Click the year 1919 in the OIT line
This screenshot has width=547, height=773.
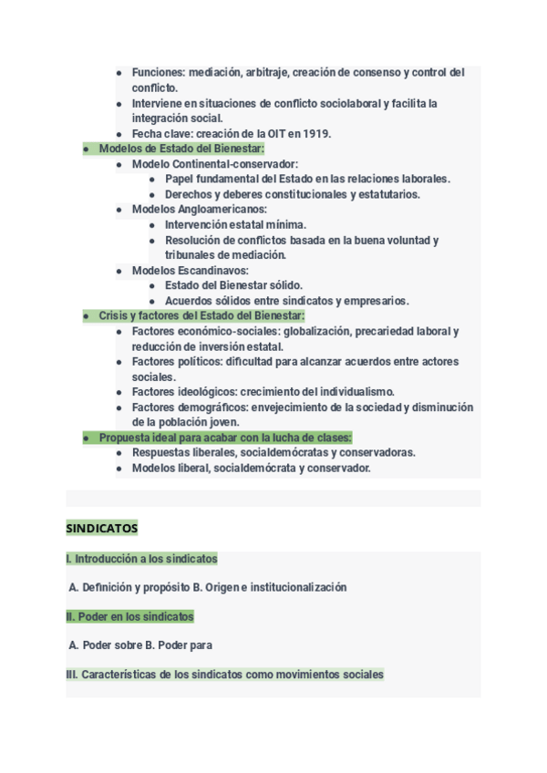click(x=316, y=134)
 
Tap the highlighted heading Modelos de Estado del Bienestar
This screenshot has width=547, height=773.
click(x=181, y=149)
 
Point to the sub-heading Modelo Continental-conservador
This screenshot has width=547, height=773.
click(x=214, y=164)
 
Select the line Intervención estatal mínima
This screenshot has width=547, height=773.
click(x=235, y=224)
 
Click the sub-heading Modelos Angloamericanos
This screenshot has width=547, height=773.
click(x=199, y=209)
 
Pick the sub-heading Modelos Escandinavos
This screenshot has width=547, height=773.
click(x=190, y=271)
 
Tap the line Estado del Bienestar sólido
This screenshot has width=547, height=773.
click(x=233, y=285)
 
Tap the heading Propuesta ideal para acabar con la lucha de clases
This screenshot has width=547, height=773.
click(x=225, y=438)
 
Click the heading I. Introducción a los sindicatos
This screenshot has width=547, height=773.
click(x=141, y=559)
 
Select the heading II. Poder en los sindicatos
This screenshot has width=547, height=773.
click(x=129, y=617)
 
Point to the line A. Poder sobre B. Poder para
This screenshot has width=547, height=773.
click(x=140, y=645)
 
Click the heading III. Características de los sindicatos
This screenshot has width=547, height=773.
click(x=224, y=675)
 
